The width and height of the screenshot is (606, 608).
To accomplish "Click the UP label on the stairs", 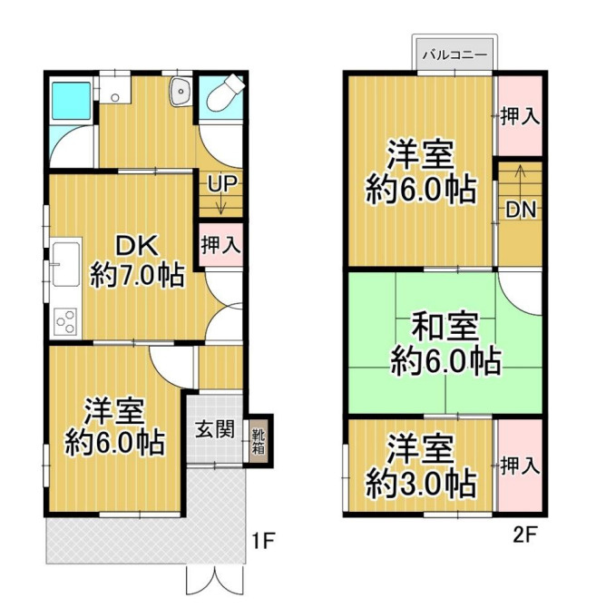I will point(222,184).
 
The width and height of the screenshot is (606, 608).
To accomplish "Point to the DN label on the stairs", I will point(520,210).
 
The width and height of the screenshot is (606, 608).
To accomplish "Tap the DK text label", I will point(137,245).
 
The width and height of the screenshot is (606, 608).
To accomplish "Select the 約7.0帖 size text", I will point(138,273).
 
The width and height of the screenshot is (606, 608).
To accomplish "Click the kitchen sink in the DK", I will point(64,263).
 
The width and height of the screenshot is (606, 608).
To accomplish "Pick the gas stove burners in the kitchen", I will point(64,320).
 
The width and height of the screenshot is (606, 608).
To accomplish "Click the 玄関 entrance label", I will point(215,429).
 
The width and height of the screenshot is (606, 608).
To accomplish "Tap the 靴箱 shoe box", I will point(258,440).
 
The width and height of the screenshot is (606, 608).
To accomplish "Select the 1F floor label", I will point(262,542).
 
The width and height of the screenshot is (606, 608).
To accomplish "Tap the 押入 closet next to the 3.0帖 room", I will point(520,466).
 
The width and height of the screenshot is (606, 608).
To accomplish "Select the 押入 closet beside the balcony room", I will point(520,117).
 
